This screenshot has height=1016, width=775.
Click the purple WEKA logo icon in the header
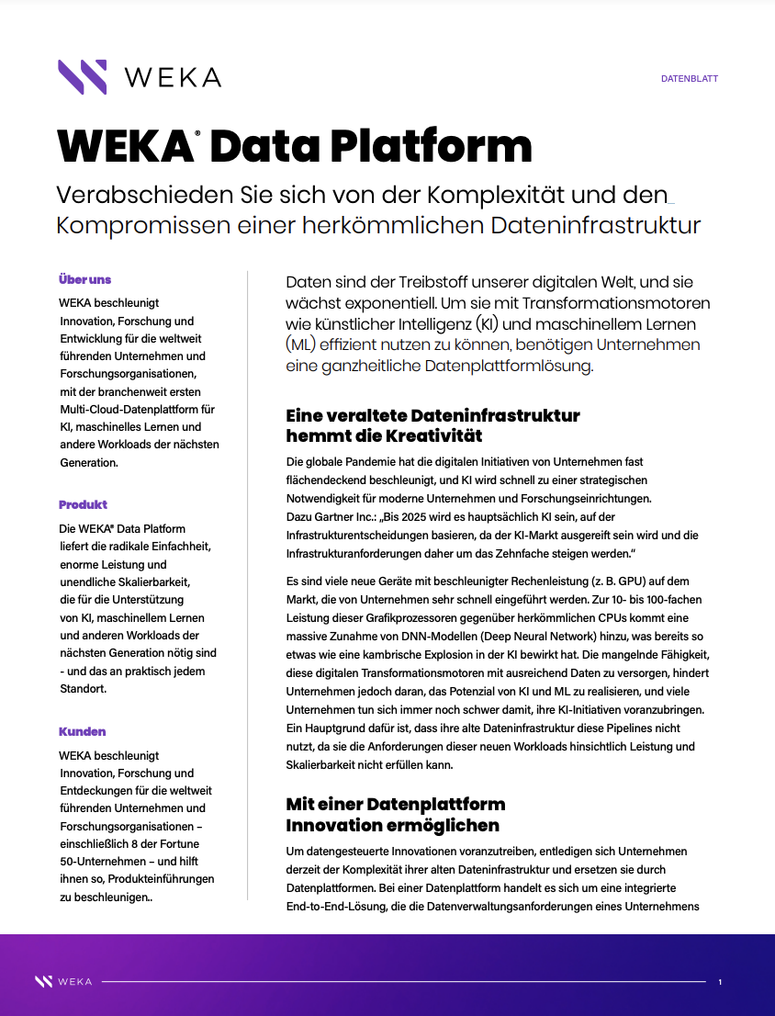tap(82, 77)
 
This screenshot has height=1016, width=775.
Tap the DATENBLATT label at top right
tap(689, 79)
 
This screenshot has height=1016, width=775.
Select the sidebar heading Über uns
tap(84, 279)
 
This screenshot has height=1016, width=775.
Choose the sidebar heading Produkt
tap(83, 504)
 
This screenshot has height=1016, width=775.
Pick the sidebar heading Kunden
tap(82, 731)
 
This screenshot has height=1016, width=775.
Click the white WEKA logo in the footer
tap(63, 981)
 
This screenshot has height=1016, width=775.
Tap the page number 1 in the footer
tap(720, 982)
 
